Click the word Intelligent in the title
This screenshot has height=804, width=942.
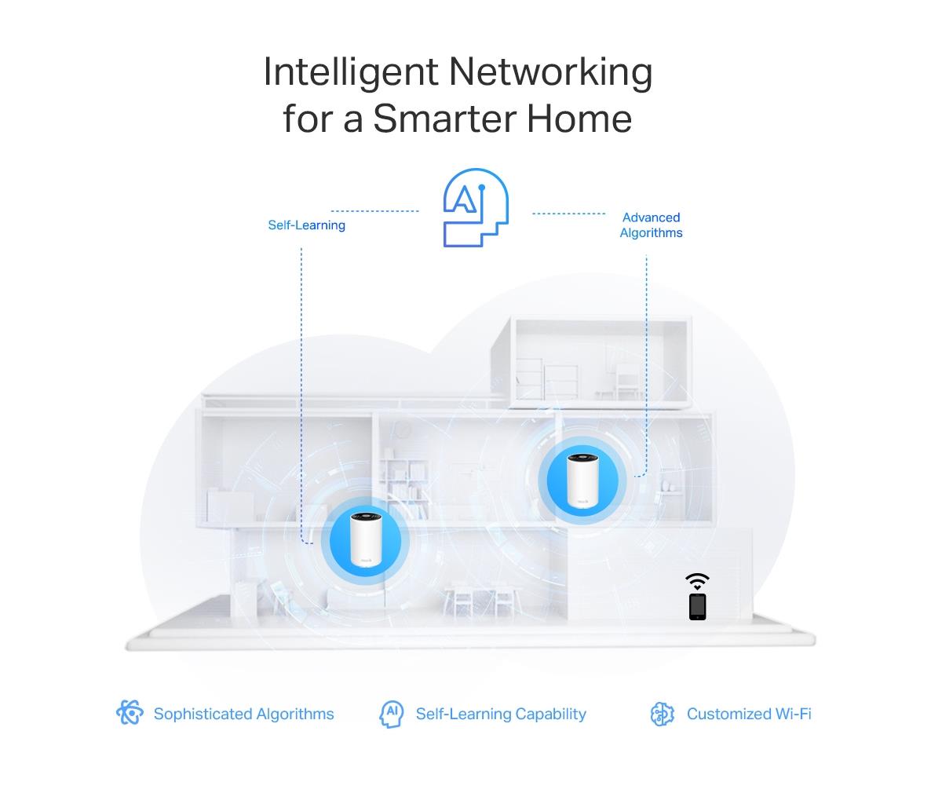pyautogui.click(x=351, y=73)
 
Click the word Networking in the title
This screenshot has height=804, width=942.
pyautogui.click(x=550, y=73)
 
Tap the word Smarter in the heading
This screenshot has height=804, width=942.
pyautogui.click(x=444, y=119)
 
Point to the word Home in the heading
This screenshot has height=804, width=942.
pyautogui.click(x=579, y=119)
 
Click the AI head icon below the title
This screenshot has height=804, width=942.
pyautogui.click(x=476, y=207)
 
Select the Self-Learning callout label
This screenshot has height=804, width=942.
pyautogui.click(x=307, y=225)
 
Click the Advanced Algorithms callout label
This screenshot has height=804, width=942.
pyautogui.click(x=651, y=225)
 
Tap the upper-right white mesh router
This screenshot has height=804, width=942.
pyautogui.click(x=582, y=481)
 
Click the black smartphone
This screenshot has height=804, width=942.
pyautogui.click(x=697, y=607)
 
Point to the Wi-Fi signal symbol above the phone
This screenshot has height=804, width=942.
pyautogui.click(x=697, y=582)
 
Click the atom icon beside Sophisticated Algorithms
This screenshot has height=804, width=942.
pyautogui.click(x=130, y=712)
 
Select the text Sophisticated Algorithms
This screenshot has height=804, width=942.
pyautogui.click(x=244, y=714)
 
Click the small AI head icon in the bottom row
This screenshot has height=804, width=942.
pyautogui.click(x=392, y=714)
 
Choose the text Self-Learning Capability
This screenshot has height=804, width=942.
pyautogui.click(x=501, y=714)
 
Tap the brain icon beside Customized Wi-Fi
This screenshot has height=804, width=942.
pyautogui.click(x=663, y=714)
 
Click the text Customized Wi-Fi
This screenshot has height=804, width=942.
pyautogui.click(x=749, y=714)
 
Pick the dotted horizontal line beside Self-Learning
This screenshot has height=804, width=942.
pyautogui.click(x=374, y=211)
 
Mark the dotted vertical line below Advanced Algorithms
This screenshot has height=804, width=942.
pyautogui.click(x=646, y=364)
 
